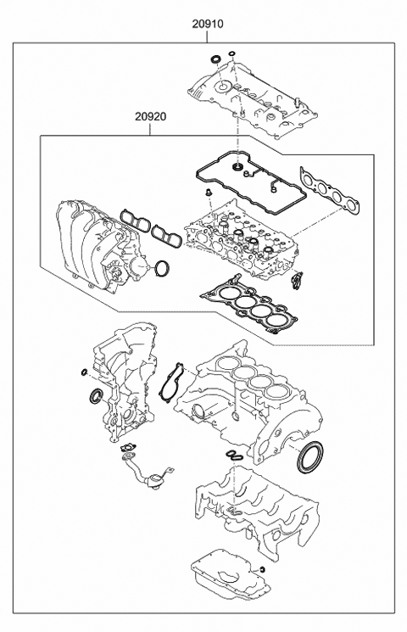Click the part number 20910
tap(207, 25)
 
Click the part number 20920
tap(150, 116)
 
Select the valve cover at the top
tap(253, 96)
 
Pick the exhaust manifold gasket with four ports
tap(330, 193)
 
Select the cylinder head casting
tap(241, 242)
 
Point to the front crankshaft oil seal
tap(96, 396)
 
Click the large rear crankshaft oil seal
tap(309, 457)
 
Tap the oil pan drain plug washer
tap(262, 568)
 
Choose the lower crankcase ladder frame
tap(257, 507)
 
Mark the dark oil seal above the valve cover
tap(215, 59)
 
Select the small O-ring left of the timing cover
tap(84, 371)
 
